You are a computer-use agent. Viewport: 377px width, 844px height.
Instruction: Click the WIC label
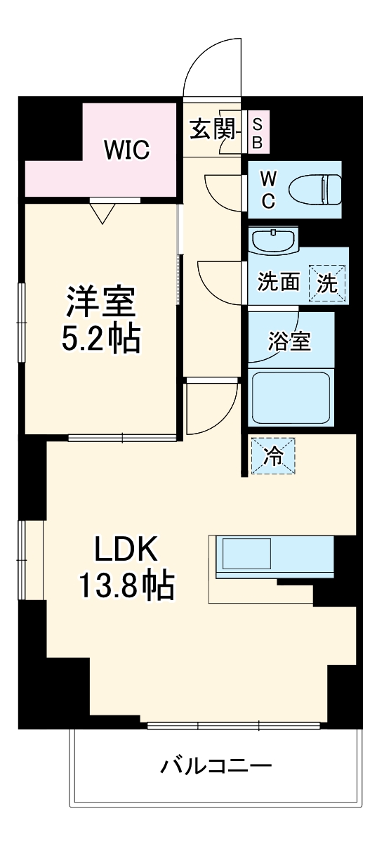(127, 149)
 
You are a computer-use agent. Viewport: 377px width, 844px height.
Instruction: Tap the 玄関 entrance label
(212, 130)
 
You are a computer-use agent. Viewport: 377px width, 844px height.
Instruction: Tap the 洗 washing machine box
(329, 282)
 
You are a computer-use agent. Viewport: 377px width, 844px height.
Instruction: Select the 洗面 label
(279, 283)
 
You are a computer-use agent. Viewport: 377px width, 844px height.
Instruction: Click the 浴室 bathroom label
(289, 342)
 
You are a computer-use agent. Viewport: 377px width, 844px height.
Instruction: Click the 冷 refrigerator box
(273, 457)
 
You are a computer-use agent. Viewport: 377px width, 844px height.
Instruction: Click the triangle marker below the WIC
(102, 212)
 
